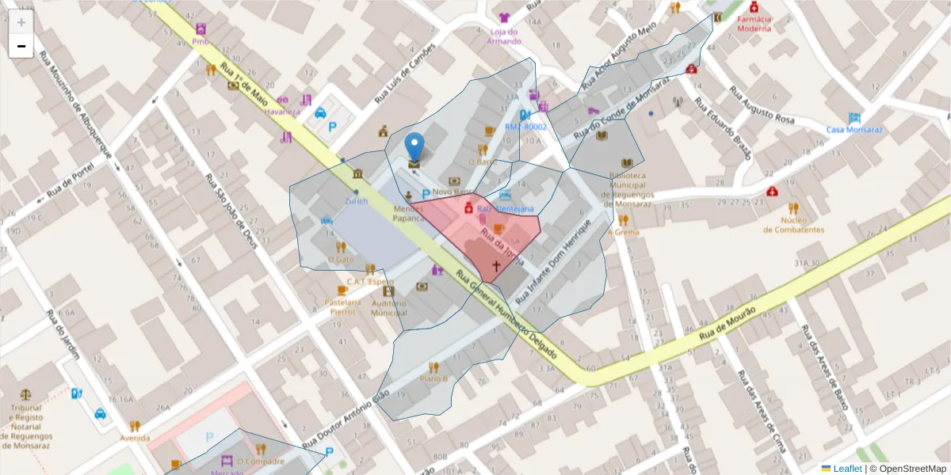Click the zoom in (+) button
[x=21, y=22]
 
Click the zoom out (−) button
[x=21, y=46]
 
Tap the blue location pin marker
[x=414, y=147]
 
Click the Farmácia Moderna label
[x=753, y=23]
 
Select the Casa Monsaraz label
[x=854, y=129]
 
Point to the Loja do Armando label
[x=504, y=36]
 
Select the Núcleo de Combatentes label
[x=793, y=225]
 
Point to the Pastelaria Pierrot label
[x=342, y=306]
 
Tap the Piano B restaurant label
[x=433, y=378]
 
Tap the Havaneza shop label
[x=282, y=112]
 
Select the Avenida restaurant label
[x=135, y=437]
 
